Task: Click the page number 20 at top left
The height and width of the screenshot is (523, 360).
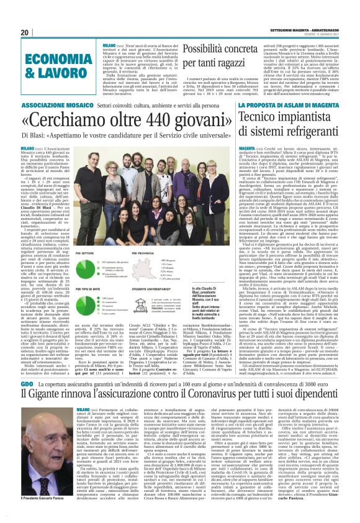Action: point(25,32)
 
